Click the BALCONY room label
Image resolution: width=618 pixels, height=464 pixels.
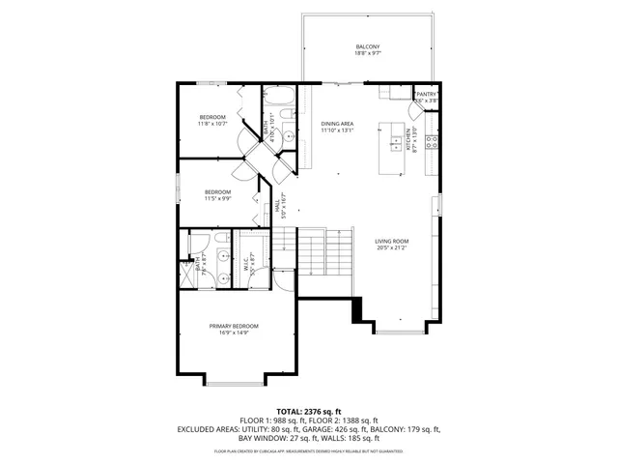pyautogui.click(x=367, y=46)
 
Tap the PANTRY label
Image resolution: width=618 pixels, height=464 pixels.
pyautogui.click(x=427, y=94)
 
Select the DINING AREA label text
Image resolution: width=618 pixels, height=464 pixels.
pyautogui.click(x=338, y=124)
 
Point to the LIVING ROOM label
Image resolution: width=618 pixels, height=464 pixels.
pyautogui.click(x=392, y=241)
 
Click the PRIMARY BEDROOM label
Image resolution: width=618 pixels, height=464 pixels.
pyautogui.click(x=234, y=327)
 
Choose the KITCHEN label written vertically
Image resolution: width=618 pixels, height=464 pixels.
pyautogui.click(x=409, y=139)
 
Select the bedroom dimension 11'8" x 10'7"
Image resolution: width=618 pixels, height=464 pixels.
pyautogui.click(x=212, y=124)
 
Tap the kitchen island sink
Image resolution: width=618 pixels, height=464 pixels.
pyautogui.click(x=395, y=144)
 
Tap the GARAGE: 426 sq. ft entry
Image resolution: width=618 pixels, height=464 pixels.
pyautogui.click(x=343, y=429)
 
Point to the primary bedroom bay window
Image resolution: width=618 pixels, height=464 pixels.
pyautogui.click(x=234, y=381)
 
